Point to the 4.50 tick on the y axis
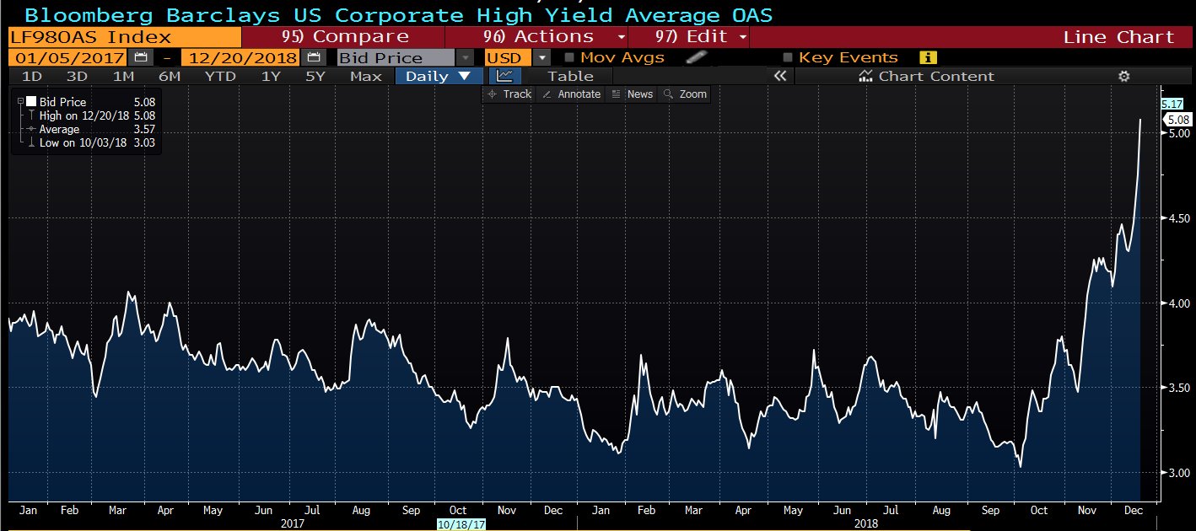point(1178,218)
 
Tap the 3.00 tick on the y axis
point(1178,473)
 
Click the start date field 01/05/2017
point(68,57)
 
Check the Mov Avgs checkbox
point(569,57)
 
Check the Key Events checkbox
point(788,57)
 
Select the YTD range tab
point(220,76)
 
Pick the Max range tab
point(365,76)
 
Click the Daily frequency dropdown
point(438,76)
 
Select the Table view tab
point(570,76)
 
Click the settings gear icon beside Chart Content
point(1123,76)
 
